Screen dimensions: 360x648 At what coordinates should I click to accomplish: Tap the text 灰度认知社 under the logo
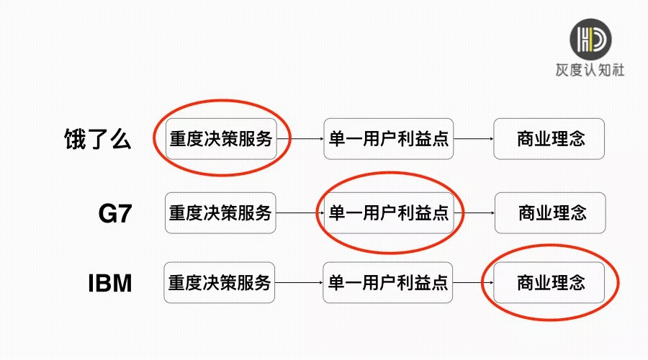click(x=591, y=71)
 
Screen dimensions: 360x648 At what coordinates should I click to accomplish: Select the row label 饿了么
click(x=98, y=138)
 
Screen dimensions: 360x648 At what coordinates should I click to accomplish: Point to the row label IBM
click(x=110, y=282)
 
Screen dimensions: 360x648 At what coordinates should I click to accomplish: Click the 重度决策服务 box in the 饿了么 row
click(x=220, y=139)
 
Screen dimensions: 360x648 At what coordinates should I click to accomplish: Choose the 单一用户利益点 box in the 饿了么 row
click(x=389, y=139)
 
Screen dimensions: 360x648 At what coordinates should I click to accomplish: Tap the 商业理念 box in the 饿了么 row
click(x=549, y=139)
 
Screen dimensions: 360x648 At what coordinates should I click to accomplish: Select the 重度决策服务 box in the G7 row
click(x=220, y=213)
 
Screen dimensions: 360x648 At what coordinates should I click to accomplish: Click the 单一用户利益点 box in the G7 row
click(x=389, y=213)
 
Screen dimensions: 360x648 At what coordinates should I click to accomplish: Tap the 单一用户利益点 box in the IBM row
click(x=389, y=282)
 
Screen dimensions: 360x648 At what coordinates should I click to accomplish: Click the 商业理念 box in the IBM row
click(x=549, y=282)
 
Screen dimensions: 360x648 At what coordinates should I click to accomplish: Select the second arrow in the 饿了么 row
click(x=474, y=139)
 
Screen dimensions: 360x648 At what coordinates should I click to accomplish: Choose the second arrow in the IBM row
click(x=474, y=282)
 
